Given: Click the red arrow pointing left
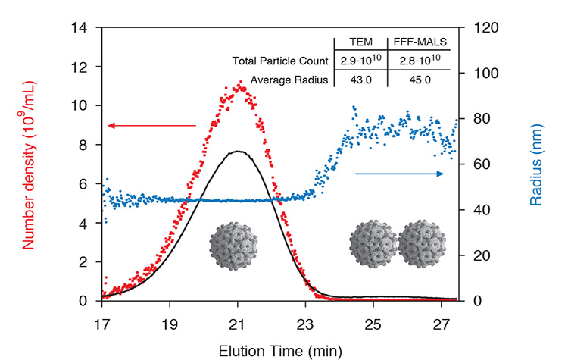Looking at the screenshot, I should click(151, 126).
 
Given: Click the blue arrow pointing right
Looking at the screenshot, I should click(400, 174).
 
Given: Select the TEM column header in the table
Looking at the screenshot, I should click(360, 43).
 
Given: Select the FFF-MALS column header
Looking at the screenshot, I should click(419, 43).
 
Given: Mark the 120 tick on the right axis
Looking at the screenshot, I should click(479, 28).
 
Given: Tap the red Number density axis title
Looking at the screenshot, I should click(30, 167).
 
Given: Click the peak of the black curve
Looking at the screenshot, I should click(238, 151).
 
